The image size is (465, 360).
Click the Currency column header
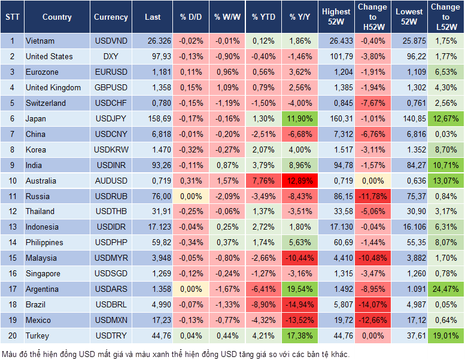coord(111,17)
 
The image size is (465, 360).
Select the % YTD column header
coord(263,17)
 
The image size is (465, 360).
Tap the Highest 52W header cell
coord(336,17)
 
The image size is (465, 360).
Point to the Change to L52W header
coord(445,17)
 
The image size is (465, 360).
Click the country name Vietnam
coord(40,41)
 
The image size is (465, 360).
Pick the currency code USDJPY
coord(111,118)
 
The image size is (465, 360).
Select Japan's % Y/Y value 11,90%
coord(300,118)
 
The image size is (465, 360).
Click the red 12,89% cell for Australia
coord(300,181)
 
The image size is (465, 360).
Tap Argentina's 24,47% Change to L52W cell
coord(445,289)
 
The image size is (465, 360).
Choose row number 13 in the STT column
coord(12,227)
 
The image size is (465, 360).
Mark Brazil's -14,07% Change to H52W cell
coord(372,304)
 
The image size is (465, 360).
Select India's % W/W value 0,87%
coord(226,165)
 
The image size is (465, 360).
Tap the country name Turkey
coord(38,335)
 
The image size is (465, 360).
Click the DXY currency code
coord(111,56)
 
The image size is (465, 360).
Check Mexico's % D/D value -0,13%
coord(190,320)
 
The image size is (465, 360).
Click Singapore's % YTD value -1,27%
coord(263,273)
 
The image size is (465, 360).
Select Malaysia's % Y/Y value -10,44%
coord(300,258)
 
